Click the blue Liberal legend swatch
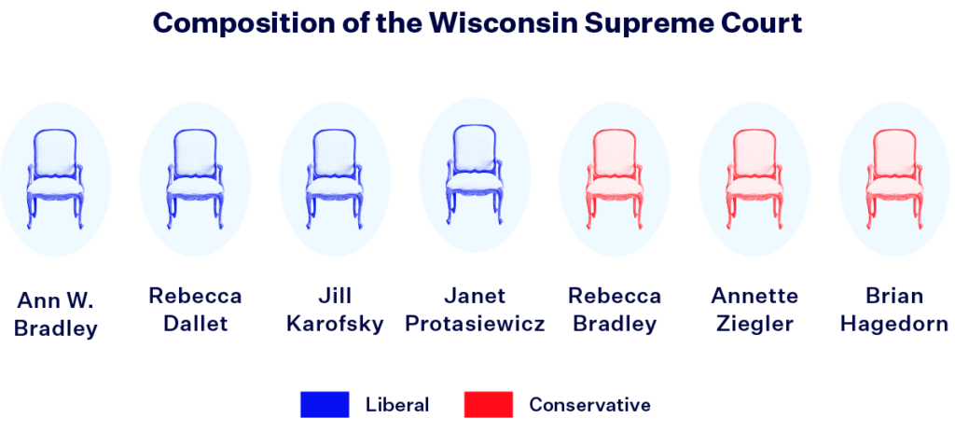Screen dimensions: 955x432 click(x=325, y=405)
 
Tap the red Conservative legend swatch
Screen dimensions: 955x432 click(x=489, y=405)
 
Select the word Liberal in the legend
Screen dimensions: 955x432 click(x=397, y=405)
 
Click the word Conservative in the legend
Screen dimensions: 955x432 click(x=589, y=405)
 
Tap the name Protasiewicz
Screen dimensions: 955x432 click(x=475, y=325)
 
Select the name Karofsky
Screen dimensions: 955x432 click(x=335, y=325)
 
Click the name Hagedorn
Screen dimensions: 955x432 click(x=894, y=325)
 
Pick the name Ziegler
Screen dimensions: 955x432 click(x=754, y=325)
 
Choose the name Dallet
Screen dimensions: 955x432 click(x=195, y=325)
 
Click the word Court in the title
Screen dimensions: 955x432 click(x=765, y=23)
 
